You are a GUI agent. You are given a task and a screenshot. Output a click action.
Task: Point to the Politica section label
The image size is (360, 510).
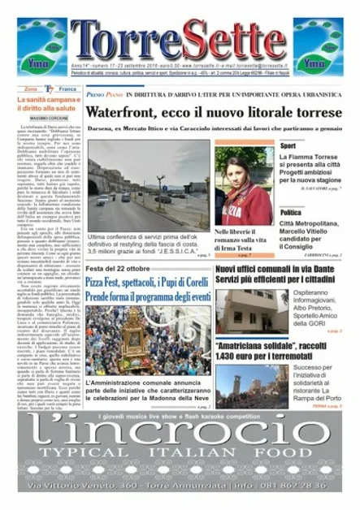tap(292, 212)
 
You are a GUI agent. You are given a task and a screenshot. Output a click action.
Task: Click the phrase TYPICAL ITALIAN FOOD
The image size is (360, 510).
tap(179, 452)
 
